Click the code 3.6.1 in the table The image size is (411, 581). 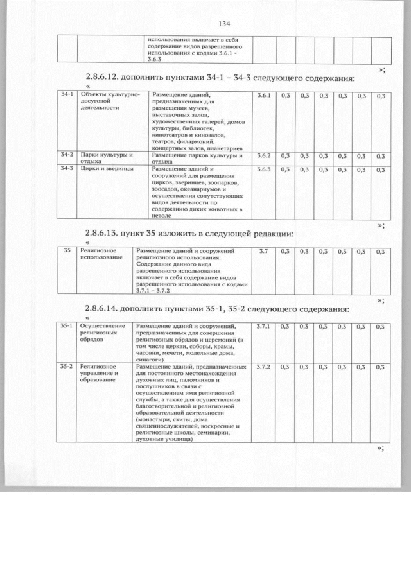(x=263, y=96)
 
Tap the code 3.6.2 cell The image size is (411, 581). (x=263, y=155)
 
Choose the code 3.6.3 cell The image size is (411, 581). (x=263, y=169)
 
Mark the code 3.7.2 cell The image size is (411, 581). (x=263, y=367)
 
